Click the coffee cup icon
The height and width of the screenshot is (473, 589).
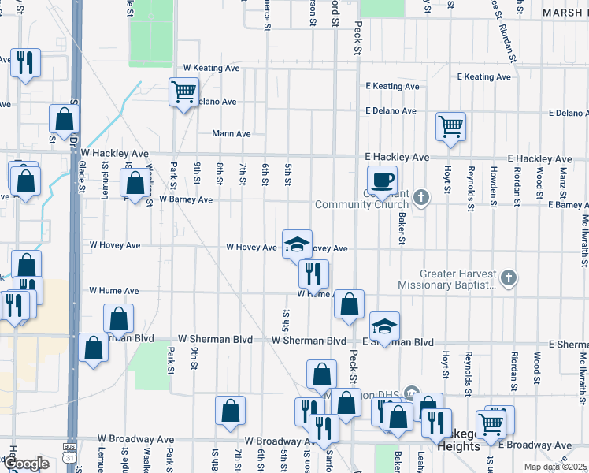tap(382, 179)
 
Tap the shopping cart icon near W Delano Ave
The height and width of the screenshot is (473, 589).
tap(183, 91)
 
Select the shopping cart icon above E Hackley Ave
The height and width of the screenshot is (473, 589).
tap(450, 125)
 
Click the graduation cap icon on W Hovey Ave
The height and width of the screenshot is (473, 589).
tap(297, 244)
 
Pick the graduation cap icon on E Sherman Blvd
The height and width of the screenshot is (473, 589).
tap(384, 326)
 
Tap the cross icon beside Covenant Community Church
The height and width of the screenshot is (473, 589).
tap(421, 196)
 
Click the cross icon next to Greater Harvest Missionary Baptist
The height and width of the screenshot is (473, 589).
tap(509, 277)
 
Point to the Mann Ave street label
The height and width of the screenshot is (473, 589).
tap(231, 134)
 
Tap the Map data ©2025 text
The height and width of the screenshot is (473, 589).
tap(555, 467)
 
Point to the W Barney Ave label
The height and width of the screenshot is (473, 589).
tap(185, 199)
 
